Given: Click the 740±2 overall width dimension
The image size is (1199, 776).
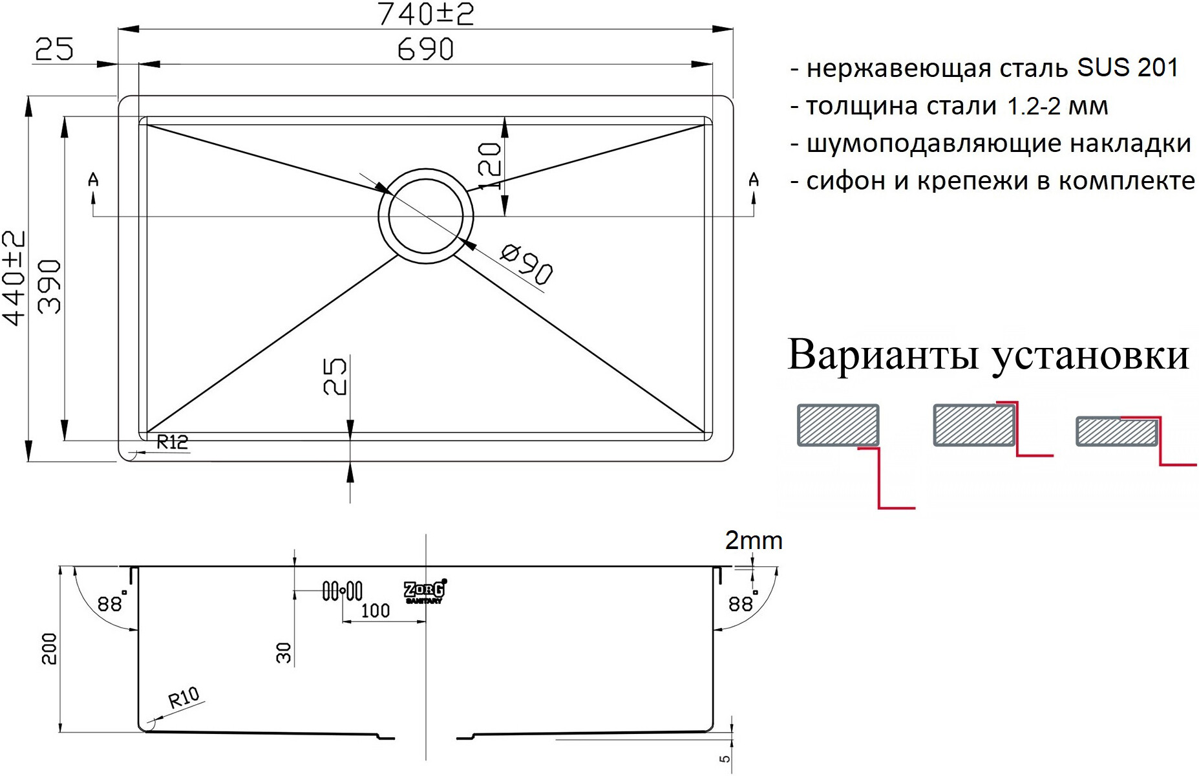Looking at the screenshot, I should point(425,14).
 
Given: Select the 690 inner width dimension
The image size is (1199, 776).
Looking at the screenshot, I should point(425,50).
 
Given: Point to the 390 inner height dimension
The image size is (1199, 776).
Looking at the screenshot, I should point(50,286).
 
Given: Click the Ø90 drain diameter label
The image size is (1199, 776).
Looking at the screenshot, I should point(527,263).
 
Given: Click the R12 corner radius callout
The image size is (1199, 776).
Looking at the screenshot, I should point(173,442).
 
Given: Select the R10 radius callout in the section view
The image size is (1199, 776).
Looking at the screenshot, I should point(184,699).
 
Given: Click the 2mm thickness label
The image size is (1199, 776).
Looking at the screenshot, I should point(754,541).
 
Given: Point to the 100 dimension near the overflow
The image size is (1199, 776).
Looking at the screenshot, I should point(375,610).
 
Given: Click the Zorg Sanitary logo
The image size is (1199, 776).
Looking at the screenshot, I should point(425,591).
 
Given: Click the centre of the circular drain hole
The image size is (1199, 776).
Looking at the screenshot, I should point(425,217).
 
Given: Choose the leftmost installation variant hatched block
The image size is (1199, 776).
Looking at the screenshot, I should point(838,425).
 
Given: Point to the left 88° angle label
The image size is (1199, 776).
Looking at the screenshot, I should point(111,603).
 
